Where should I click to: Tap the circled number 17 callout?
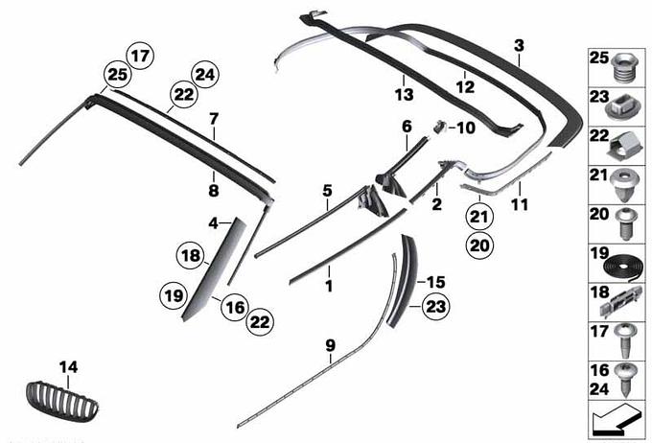click(x=140, y=56)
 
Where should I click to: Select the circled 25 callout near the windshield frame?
click(x=117, y=75)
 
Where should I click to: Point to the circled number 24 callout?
click(x=205, y=75)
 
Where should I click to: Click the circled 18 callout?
click(x=191, y=255)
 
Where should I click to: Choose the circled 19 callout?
click(x=174, y=295)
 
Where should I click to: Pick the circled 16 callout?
click(x=235, y=308)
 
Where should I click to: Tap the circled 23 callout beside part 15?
click(x=435, y=307)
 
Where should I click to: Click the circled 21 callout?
click(x=479, y=217)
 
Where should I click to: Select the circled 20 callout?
click(x=479, y=245)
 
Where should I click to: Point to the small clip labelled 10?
click(x=439, y=126)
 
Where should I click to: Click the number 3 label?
click(x=519, y=46)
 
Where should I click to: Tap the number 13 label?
click(x=405, y=95)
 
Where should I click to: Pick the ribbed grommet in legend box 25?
click(x=625, y=68)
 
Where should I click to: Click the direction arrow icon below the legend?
click(x=615, y=421)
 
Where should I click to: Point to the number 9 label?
click(x=330, y=345)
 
